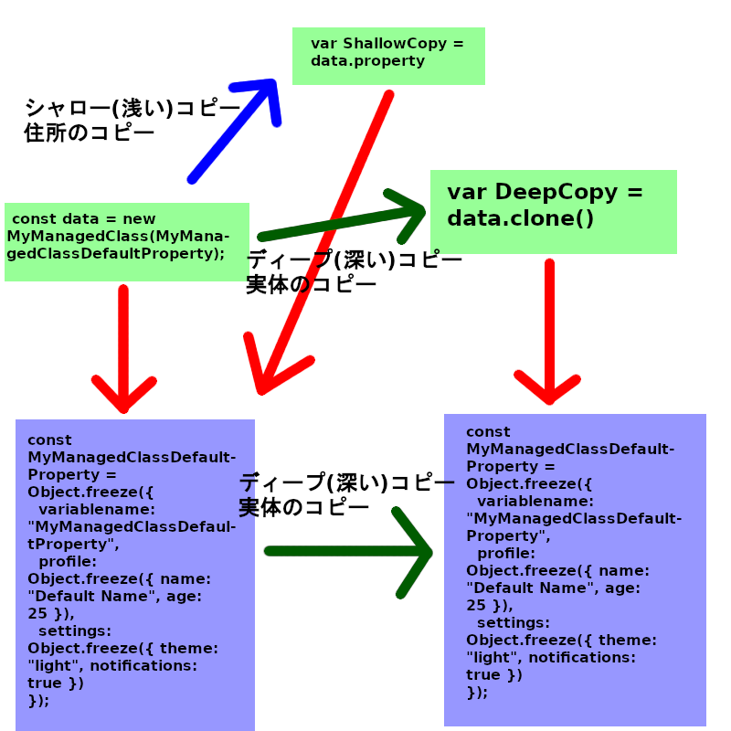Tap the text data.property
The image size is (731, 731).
367,61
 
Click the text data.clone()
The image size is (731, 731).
520,218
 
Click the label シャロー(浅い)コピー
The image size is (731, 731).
132,109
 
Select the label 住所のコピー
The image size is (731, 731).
89,133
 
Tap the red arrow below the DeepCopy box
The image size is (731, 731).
549,329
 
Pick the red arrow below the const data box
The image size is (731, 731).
122,347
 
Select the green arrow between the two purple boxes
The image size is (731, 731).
347,552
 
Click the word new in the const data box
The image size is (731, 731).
139,219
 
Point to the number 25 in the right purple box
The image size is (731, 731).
476,606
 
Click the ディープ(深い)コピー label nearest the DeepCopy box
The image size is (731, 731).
354,260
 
